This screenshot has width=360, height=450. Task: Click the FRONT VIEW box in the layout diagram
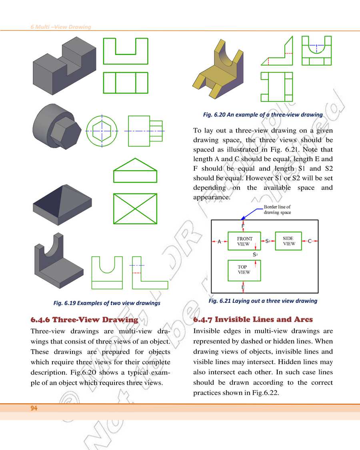point(244,241)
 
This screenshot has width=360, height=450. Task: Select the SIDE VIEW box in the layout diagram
point(288,241)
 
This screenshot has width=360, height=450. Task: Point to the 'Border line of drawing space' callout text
point(277,210)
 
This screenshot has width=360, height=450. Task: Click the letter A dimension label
point(219,242)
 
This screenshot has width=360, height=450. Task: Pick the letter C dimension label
point(310,241)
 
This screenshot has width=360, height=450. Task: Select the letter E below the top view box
point(243,287)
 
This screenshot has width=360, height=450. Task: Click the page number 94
point(34,408)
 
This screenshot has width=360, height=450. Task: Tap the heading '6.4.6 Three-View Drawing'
point(84,320)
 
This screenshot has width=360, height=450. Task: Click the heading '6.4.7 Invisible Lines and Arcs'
point(253,320)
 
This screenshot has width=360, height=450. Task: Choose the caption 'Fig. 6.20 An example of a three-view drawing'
point(263,114)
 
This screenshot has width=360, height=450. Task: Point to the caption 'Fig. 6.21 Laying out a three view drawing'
point(263,300)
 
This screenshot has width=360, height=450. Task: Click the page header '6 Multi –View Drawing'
point(61,27)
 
